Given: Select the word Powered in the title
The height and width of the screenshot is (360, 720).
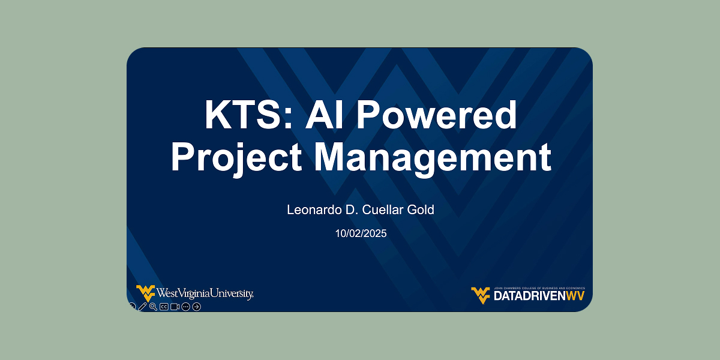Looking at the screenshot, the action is tap(437, 115).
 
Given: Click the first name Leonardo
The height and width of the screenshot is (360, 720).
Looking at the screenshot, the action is tap(314, 210).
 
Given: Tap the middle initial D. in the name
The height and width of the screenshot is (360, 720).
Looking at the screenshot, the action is tap(352, 210).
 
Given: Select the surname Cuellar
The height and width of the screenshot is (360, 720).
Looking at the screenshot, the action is tap(383, 210).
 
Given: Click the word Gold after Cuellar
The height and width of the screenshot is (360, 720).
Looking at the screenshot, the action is tap(421, 210).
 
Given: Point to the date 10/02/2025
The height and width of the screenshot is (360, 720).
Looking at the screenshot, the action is tap(361, 233).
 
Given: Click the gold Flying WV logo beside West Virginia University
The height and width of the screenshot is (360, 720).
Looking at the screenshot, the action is tap(146, 293).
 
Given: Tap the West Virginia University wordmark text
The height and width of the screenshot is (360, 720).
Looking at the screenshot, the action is tap(205, 293).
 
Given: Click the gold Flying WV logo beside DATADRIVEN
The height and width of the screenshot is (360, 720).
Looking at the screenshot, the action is tap(481, 295).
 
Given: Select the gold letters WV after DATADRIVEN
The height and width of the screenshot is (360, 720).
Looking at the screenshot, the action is tap(575, 296).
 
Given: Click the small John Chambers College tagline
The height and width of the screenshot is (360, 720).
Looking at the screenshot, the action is tap(539, 289).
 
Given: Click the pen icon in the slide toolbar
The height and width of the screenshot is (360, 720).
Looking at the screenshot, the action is tap(142, 307).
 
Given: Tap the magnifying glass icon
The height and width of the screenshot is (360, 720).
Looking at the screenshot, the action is tap(154, 307).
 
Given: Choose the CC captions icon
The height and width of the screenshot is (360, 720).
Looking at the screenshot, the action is tap(164, 307).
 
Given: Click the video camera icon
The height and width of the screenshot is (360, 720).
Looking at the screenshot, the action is tap(175, 307).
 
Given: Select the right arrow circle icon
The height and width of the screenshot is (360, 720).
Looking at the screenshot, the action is tap(196, 307).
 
